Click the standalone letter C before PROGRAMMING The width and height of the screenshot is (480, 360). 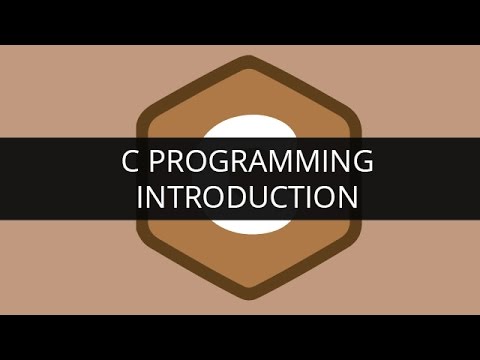tap(115, 161)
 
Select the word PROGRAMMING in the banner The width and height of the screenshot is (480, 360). tap(255, 161)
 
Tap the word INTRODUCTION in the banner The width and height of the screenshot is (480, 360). tap(246, 196)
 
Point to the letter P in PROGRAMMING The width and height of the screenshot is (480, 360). tap(145, 161)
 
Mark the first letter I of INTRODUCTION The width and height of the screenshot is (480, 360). tap(139, 196)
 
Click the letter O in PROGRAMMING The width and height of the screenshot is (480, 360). tap(190, 161)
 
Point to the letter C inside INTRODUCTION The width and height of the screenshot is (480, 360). tap(264, 196)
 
